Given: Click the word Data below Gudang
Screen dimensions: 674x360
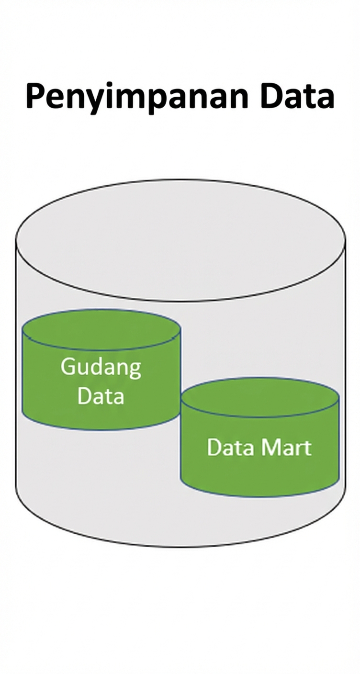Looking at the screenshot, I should click(x=101, y=396).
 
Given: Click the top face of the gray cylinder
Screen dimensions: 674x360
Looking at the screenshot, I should click(x=180, y=239).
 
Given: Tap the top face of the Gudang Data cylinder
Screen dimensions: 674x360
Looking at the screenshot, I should click(x=101, y=329).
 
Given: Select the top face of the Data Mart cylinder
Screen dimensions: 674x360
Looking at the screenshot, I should click(x=260, y=397).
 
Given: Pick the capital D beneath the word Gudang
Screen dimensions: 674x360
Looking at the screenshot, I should click(x=85, y=396).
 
